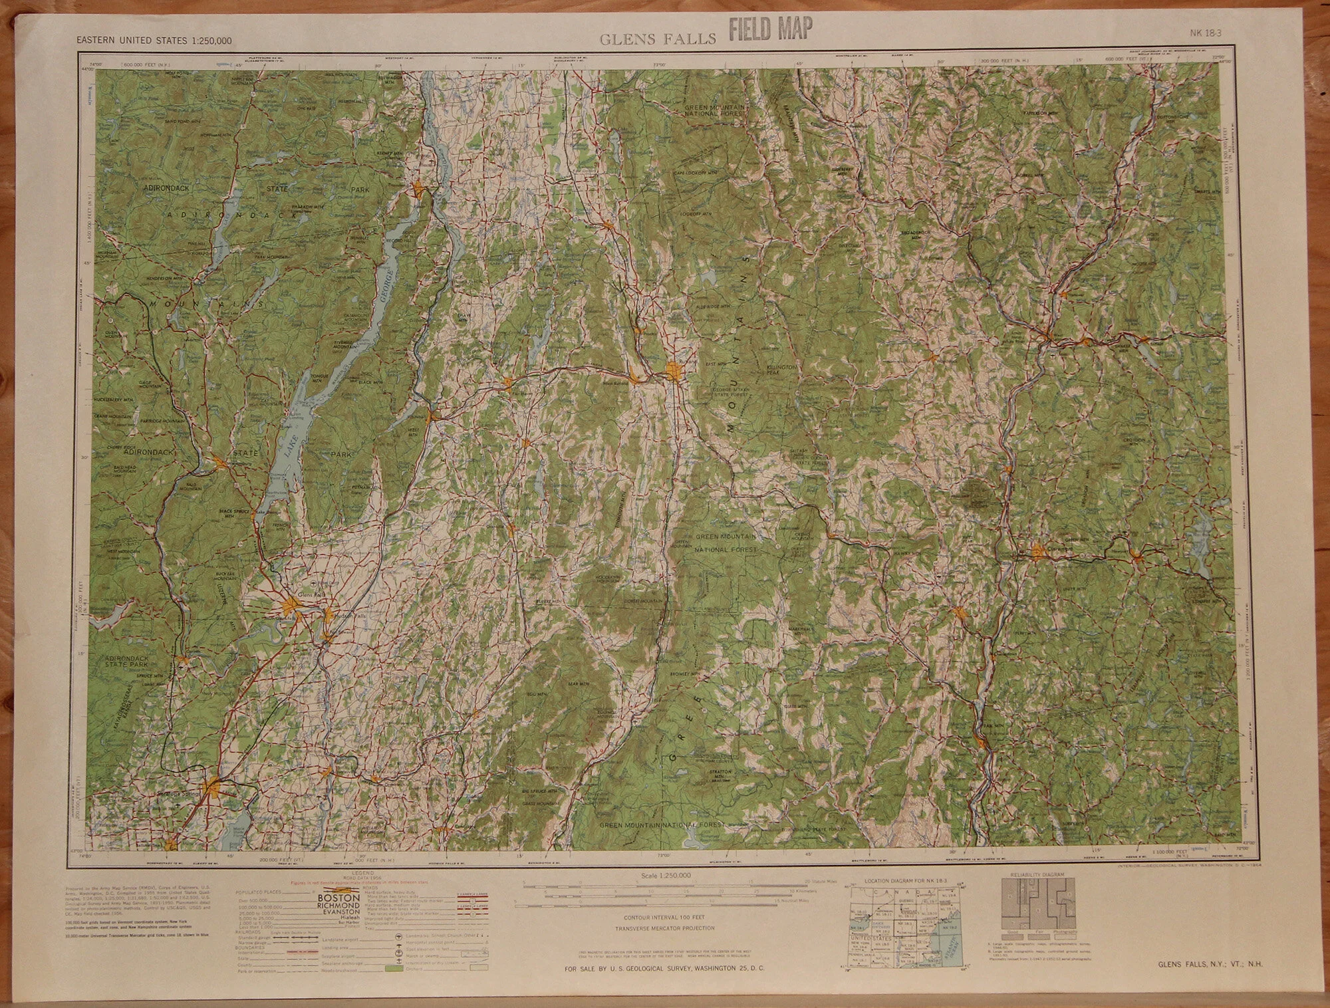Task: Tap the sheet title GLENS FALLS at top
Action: pos(658,39)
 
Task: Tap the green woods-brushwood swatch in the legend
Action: pos(395,970)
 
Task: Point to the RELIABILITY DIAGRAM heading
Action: pos(1037,874)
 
